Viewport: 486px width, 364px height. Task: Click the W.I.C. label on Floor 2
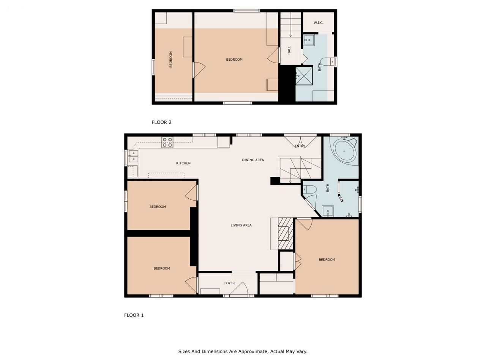[x=318, y=23]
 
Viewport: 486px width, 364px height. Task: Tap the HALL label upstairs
[x=289, y=50]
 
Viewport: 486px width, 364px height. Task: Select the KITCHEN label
[x=183, y=163]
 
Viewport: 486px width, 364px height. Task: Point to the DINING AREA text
[x=252, y=160]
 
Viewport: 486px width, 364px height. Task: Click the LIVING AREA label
[x=241, y=226]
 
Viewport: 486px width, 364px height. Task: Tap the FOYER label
[x=229, y=283]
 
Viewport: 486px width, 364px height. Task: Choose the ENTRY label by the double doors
[x=300, y=146]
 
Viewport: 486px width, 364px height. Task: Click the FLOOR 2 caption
[x=161, y=122]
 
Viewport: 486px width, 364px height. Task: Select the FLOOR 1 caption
[x=134, y=315]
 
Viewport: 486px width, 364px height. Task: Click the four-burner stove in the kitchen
[x=167, y=142]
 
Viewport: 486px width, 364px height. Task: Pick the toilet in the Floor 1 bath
[x=309, y=190]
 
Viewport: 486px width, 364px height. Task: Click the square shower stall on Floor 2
[x=304, y=76]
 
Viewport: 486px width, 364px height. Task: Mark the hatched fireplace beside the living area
[x=286, y=234]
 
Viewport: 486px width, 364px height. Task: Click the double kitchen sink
[x=133, y=156]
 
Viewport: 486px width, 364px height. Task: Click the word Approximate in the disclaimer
[x=254, y=351]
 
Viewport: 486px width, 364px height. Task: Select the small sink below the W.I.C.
[x=309, y=40]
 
